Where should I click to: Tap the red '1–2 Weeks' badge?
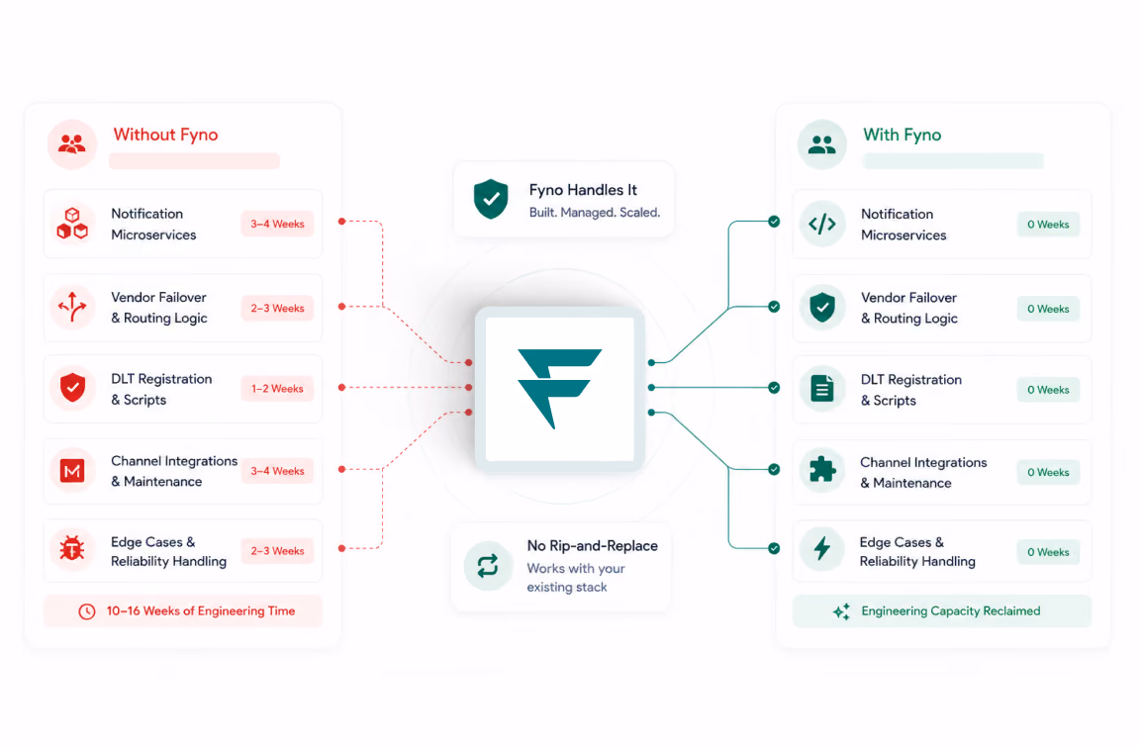(277, 389)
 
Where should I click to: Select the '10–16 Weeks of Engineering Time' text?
(201, 611)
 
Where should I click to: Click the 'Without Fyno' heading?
(166, 135)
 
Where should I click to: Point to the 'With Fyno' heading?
(902, 135)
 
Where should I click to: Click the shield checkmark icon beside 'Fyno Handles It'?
(491, 199)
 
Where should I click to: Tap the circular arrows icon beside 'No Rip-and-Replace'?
(488, 566)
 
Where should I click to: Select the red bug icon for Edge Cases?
(72, 548)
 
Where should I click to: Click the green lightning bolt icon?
(821, 548)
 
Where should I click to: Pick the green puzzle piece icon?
(822, 470)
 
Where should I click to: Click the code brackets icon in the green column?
(822, 224)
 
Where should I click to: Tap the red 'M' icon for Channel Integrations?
(72, 471)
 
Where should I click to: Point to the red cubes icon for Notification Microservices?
(72, 224)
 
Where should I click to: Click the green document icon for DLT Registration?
(822, 388)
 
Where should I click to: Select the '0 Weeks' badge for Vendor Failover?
(1048, 309)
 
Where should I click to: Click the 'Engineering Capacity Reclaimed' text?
(950, 611)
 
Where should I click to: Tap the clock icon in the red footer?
(86, 612)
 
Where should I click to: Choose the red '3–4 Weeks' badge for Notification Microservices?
(277, 224)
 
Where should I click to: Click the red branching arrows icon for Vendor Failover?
(72, 307)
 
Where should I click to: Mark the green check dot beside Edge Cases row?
(774, 548)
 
